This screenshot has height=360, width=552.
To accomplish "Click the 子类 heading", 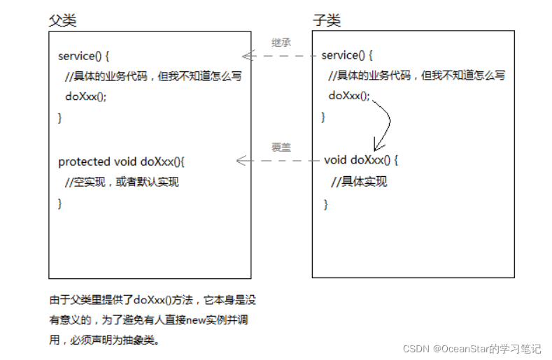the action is point(327,20).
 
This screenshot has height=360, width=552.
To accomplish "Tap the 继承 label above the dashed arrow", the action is point(281,43).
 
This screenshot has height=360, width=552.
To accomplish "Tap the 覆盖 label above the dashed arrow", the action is point(281,147).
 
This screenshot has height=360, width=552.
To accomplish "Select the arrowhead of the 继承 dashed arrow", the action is point(245,56).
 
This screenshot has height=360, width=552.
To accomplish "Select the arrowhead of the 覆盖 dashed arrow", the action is point(241,161).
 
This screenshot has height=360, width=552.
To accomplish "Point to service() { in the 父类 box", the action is point(84,56).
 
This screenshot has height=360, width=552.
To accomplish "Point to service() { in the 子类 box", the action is point(347,55).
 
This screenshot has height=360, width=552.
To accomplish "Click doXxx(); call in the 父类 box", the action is point(86,97).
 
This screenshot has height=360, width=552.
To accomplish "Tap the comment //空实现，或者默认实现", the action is point(121,182).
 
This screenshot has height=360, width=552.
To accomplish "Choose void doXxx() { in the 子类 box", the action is point(361,160).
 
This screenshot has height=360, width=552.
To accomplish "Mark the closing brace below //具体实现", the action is point(325,204).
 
